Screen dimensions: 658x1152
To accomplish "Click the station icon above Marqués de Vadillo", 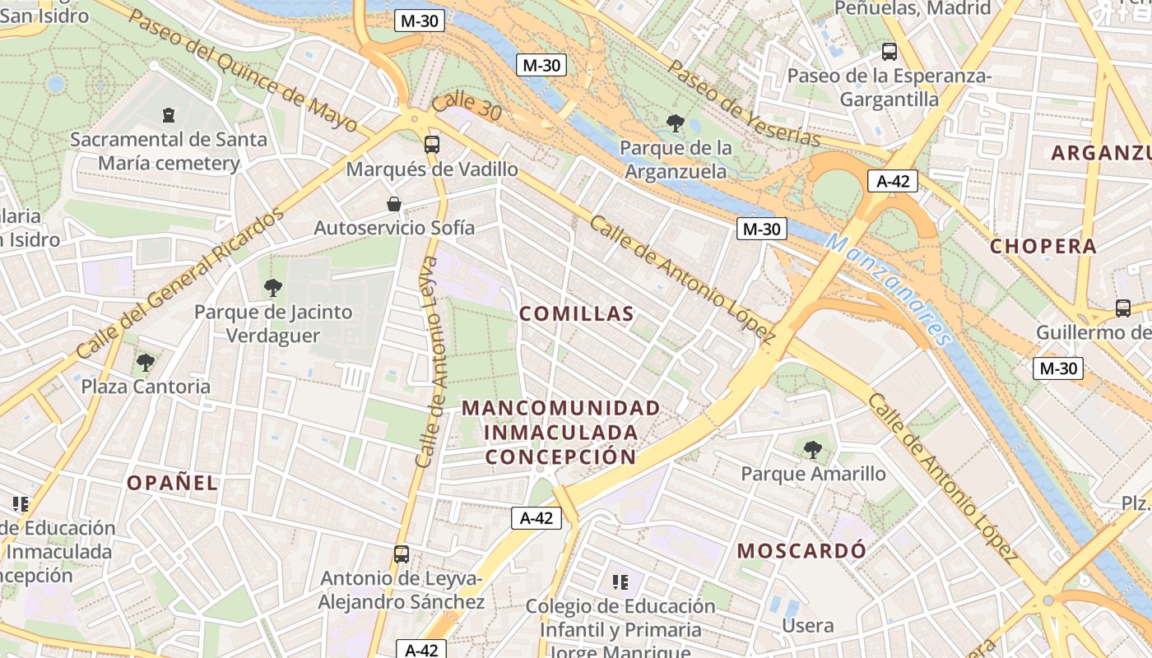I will pyautogui.click(x=432, y=145).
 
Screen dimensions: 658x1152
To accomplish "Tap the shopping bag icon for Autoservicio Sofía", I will pyautogui.click(x=394, y=203).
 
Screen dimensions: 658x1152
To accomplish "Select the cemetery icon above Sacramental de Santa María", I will pyautogui.click(x=169, y=114).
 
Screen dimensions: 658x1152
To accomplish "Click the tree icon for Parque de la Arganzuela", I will pyautogui.click(x=676, y=123).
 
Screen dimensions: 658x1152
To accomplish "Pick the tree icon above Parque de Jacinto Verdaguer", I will pyautogui.click(x=272, y=287).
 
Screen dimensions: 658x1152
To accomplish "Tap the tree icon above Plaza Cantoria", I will pyautogui.click(x=146, y=361).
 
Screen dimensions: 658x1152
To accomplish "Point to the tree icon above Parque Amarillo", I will pyautogui.click(x=813, y=449).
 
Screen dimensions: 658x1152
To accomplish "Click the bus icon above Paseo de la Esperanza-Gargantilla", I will pyautogui.click(x=889, y=52).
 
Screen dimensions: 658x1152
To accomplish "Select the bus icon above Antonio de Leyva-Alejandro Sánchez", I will pyautogui.click(x=402, y=554).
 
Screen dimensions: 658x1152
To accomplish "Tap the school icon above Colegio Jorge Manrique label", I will pyautogui.click(x=620, y=582).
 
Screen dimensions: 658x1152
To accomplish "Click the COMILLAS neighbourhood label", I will pyautogui.click(x=577, y=313).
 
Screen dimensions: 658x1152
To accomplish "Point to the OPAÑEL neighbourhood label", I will pyautogui.click(x=173, y=483).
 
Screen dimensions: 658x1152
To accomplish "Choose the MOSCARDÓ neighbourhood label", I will pyautogui.click(x=801, y=550).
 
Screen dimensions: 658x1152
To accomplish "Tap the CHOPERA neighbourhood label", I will pyautogui.click(x=1043, y=246).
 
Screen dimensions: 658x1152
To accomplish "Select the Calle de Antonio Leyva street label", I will pyautogui.click(x=431, y=362).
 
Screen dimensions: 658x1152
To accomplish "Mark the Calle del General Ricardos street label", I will pyautogui.click(x=179, y=284).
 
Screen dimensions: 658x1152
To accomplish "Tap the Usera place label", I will pyautogui.click(x=808, y=626).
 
